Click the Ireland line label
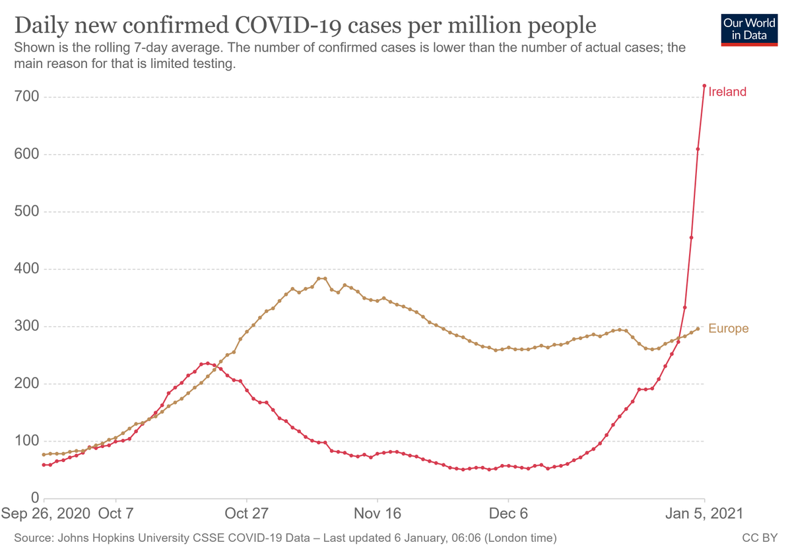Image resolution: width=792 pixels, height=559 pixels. [x=727, y=92]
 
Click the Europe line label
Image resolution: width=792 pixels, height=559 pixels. [x=728, y=329]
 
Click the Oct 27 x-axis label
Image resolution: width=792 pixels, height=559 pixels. [x=246, y=513]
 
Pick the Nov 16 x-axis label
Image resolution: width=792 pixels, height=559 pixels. [x=378, y=513]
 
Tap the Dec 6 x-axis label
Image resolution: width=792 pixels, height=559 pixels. [x=508, y=513]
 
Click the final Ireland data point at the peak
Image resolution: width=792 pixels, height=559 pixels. [x=704, y=86]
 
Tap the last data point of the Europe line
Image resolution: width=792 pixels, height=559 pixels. [x=698, y=329]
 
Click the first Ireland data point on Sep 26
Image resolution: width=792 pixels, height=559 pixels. [x=44, y=465]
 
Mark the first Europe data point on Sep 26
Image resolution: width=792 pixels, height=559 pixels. [x=44, y=455]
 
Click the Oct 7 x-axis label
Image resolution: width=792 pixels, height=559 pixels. [x=115, y=513]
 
